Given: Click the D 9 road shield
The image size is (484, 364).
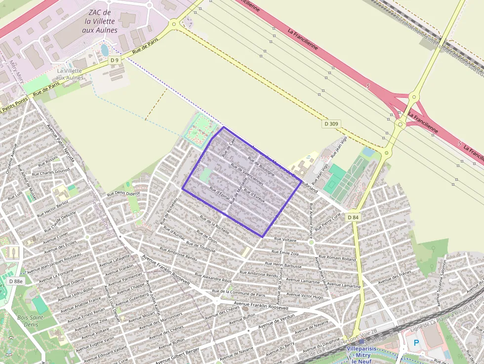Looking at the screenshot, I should point(115,60).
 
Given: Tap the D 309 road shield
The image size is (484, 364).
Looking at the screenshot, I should point(332,123).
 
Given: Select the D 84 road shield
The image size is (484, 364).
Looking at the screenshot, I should point(353,217).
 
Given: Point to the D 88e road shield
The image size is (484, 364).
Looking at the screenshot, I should point(16,281).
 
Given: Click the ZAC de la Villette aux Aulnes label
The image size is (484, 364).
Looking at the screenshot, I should point(100,21).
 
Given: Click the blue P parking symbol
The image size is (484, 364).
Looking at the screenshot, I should point(416,342).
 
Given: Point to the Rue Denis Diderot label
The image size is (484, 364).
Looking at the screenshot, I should point(123,193).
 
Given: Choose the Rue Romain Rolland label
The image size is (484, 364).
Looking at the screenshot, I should point(337,258).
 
